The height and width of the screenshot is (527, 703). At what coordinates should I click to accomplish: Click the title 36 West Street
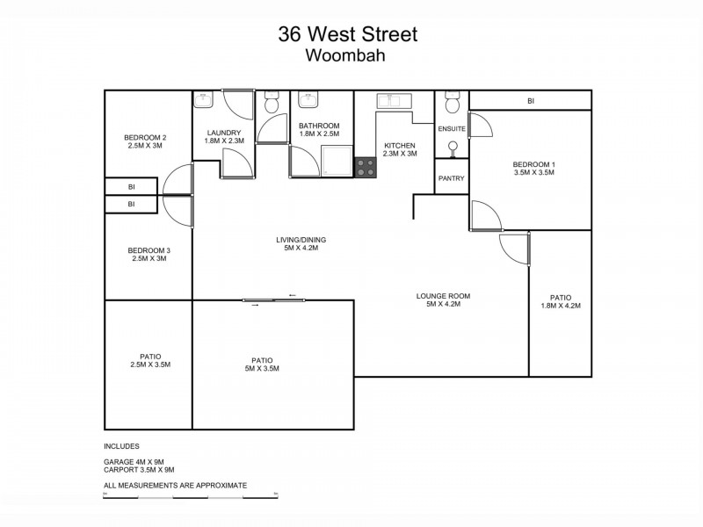(348, 34)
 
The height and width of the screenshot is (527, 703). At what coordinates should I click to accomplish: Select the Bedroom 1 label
(534, 169)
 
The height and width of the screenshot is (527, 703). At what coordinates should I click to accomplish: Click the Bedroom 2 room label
(145, 141)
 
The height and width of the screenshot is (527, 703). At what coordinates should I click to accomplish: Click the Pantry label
(451, 178)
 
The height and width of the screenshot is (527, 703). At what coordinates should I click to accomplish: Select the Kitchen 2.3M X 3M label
(400, 149)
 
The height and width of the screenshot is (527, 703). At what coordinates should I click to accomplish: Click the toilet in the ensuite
(453, 105)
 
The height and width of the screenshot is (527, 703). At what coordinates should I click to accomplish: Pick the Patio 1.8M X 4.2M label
(561, 301)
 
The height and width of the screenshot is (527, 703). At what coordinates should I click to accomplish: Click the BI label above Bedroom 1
(530, 102)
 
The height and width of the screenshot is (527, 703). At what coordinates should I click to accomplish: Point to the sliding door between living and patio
(275, 300)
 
